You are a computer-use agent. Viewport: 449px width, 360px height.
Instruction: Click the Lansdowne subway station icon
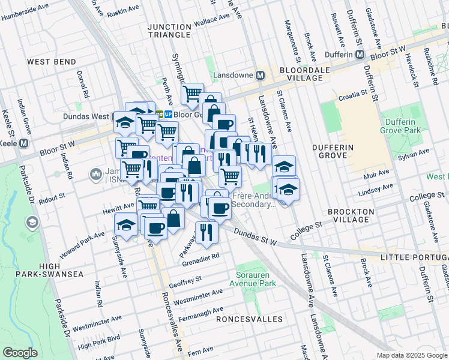261,76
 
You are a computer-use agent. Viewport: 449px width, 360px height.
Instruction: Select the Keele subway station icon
23,143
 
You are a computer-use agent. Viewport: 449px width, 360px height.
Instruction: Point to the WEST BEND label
51,62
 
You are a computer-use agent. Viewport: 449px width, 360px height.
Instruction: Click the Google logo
20,353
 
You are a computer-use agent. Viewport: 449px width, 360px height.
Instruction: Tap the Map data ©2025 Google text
412,355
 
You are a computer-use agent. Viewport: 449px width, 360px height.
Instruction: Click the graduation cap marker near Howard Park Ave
126,225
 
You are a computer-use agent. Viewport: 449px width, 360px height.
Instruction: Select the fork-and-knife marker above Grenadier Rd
206,232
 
